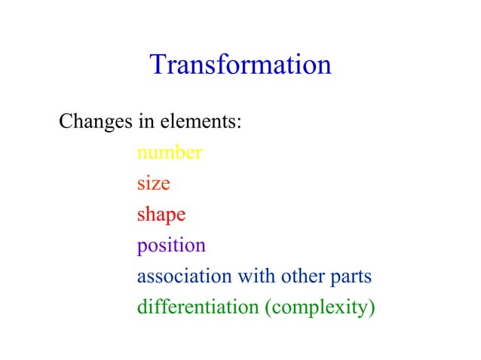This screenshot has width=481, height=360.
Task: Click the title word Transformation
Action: [x=240, y=65]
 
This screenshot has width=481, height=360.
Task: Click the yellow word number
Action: [x=169, y=154]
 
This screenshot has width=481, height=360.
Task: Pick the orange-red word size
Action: [x=153, y=184]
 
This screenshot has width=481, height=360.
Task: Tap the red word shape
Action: [x=161, y=215]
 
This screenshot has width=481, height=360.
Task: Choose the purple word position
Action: [x=170, y=246]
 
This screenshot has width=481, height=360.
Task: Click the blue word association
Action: [x=184, y=276]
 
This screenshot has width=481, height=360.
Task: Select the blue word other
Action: [x=302, y=276]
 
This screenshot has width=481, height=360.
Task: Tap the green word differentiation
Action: [x=198, y=307]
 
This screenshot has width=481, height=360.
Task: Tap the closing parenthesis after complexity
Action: [x=372, y=308]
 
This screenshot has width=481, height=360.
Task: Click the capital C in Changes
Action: [x=66, y=121]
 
